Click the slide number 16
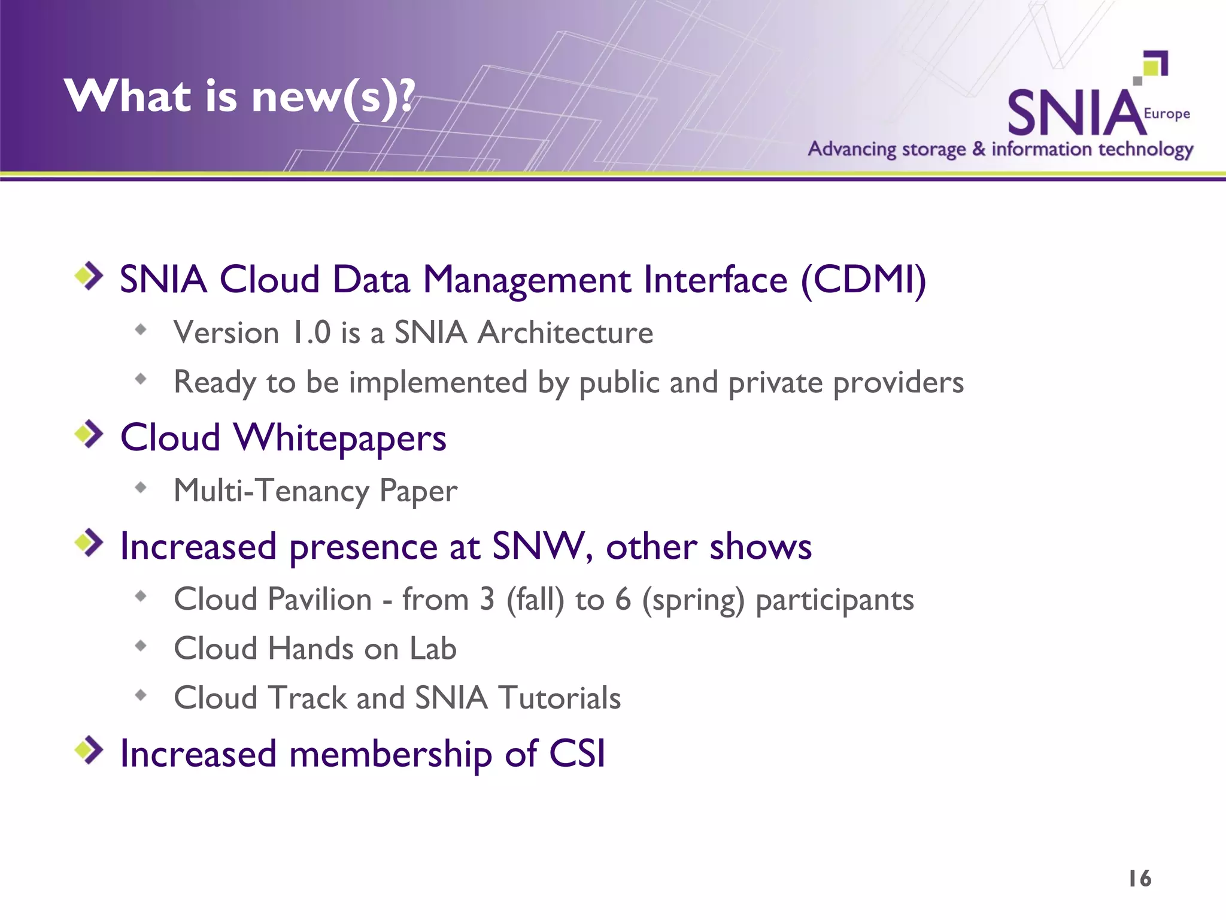1139,879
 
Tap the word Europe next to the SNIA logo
1166,113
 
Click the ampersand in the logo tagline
978,149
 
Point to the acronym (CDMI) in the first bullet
863,280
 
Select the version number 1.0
311,332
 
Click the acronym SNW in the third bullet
537,546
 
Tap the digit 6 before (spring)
623,599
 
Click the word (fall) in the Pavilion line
535,600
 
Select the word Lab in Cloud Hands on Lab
432,649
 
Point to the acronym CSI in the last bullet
577,753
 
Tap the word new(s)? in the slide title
332,97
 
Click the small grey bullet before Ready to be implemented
141,379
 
